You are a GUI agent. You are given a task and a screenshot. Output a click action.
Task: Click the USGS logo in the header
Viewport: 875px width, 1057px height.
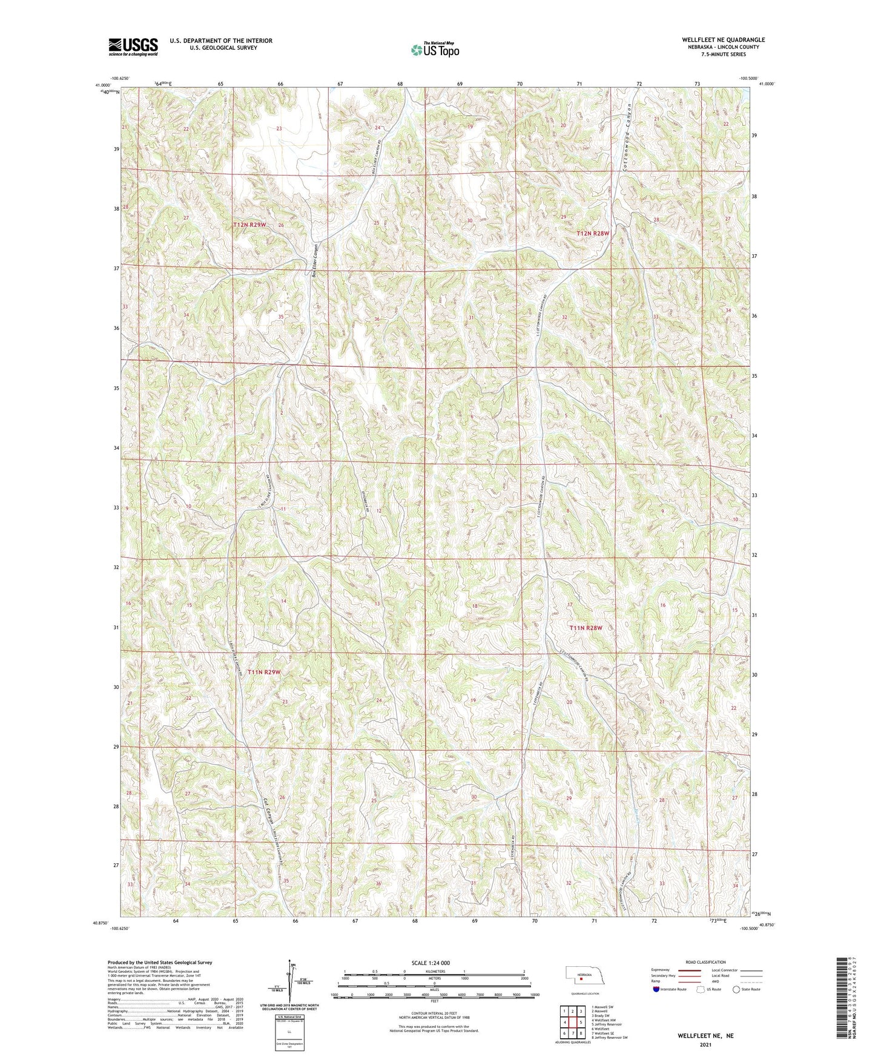[x=133, y=47]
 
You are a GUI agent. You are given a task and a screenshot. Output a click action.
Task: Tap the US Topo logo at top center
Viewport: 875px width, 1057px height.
[x=434, y=50]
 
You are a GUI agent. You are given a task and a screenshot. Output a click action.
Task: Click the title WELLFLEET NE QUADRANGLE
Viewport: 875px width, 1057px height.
[x=723, y=40]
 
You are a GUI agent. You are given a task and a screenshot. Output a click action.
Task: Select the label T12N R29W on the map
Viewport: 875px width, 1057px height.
[x=249, y=225]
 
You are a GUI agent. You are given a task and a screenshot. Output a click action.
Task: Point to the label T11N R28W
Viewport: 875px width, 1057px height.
[x=586, y=628]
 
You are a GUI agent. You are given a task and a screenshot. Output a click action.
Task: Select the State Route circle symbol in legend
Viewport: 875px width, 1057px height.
[x=736, y=989]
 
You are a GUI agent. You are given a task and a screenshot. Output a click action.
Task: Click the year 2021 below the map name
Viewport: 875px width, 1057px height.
[x=705, y=1045]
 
